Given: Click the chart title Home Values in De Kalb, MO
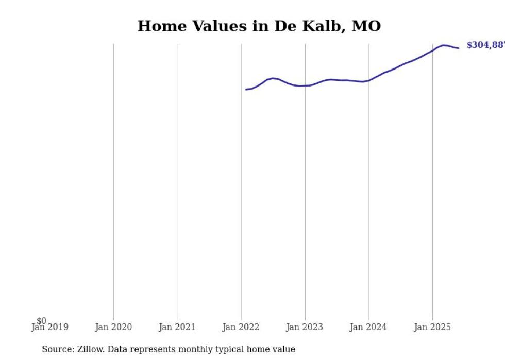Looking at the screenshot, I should (x=259, y=26).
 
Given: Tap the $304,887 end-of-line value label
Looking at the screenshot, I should (x=485, y=45).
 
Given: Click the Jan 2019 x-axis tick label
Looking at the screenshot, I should (x=49, y=327).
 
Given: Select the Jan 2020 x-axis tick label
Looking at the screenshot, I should (x=113, y=327).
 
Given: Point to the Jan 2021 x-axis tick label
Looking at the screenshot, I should (x=177, y=327).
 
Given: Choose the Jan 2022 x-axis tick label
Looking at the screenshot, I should (x=241, y=327).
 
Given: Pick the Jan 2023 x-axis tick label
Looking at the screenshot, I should (x=305, y=327).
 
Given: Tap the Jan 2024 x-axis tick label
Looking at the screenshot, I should (x=368, y=327).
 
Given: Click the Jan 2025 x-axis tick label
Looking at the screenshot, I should (x=432, y=327).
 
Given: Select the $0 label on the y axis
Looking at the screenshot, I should (x=41, y=321).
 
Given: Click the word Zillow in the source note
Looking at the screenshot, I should (x=90, y=349).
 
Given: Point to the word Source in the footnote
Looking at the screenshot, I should (x=57, y=349).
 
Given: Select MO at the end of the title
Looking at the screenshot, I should (x=366, y=26).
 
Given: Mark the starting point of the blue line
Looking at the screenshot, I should (x=246, y=90).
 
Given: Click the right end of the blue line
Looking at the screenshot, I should (x=458, y=48).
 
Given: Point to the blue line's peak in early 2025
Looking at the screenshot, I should (x=443, y=45).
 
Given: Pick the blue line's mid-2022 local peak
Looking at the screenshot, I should (x=273, y=78).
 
